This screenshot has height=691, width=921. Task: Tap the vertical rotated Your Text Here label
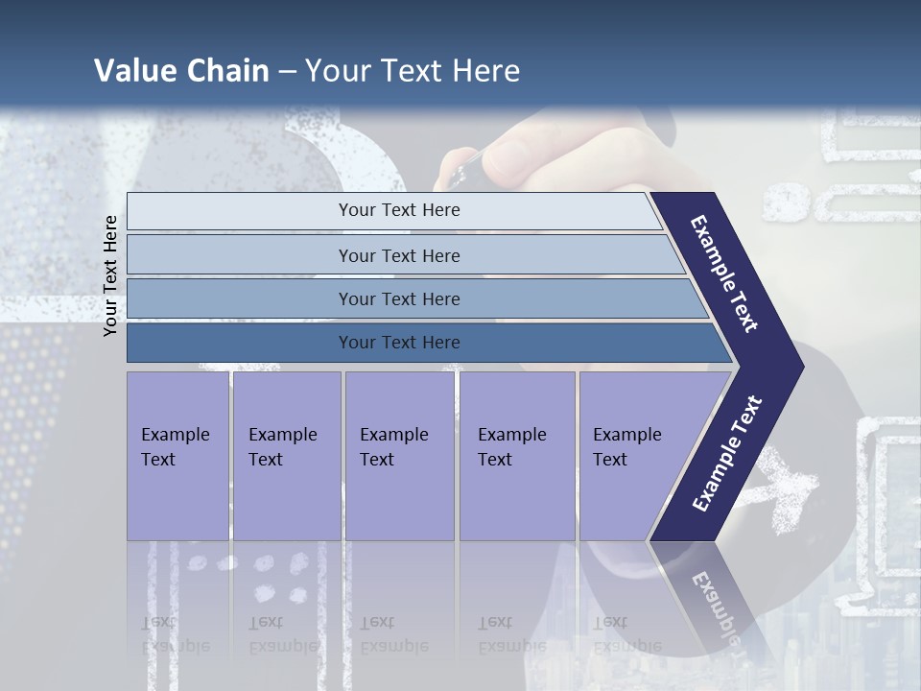coord(110,275)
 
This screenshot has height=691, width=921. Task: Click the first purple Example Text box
coord(177,456)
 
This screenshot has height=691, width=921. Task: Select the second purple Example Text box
coord(287,456)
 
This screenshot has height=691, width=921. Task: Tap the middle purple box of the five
coord(399,456)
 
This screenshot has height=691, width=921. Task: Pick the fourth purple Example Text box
coord(517,456)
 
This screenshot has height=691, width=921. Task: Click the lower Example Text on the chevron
coord(727,453)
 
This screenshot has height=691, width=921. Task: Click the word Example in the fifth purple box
coord(626,435)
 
